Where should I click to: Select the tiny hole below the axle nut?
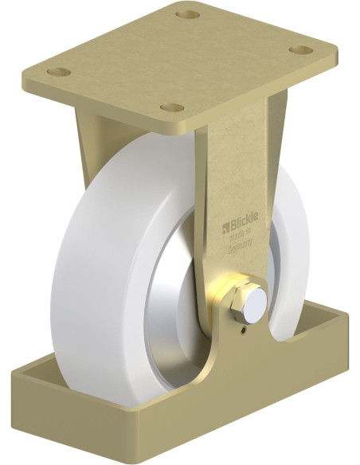tap(241, 325)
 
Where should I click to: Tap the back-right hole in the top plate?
tap(301, 49)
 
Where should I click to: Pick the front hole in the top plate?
tap(169, 107)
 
